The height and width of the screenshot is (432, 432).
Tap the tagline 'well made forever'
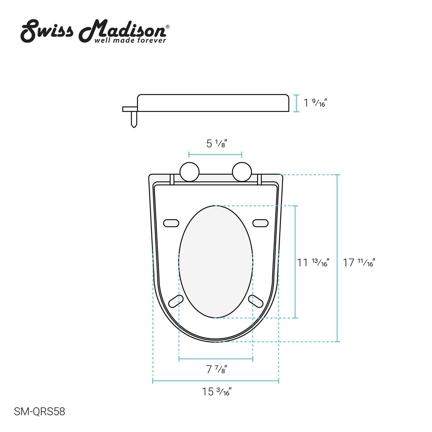(x=130, y=41)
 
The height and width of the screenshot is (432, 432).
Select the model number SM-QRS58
(x=39, y=412)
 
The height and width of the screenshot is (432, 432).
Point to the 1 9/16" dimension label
(x=316, y=103)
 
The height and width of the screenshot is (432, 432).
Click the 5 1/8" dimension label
(x=217, y=143)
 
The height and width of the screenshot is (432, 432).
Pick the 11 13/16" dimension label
(x=313, y=262)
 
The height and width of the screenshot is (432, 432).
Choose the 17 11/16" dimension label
(x=359, y=262)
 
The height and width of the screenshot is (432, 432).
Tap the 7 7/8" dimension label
(x=217, y=369)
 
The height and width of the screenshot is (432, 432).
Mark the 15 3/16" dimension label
(x=216, y=392)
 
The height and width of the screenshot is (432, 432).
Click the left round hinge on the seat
(x=190, y=172)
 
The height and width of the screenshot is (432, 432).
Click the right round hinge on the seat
(x=242, y=172)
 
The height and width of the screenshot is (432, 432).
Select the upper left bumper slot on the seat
(x=171, y=223)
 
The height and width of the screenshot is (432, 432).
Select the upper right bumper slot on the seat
(x=260, y=223)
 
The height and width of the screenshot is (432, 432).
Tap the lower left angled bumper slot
(x=176, y=301)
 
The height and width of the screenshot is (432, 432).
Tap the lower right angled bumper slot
(x=256, y=301)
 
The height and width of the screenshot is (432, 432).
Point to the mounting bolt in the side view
(x=134, y=119)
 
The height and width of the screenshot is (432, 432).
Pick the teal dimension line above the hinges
(x=215, y=155)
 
